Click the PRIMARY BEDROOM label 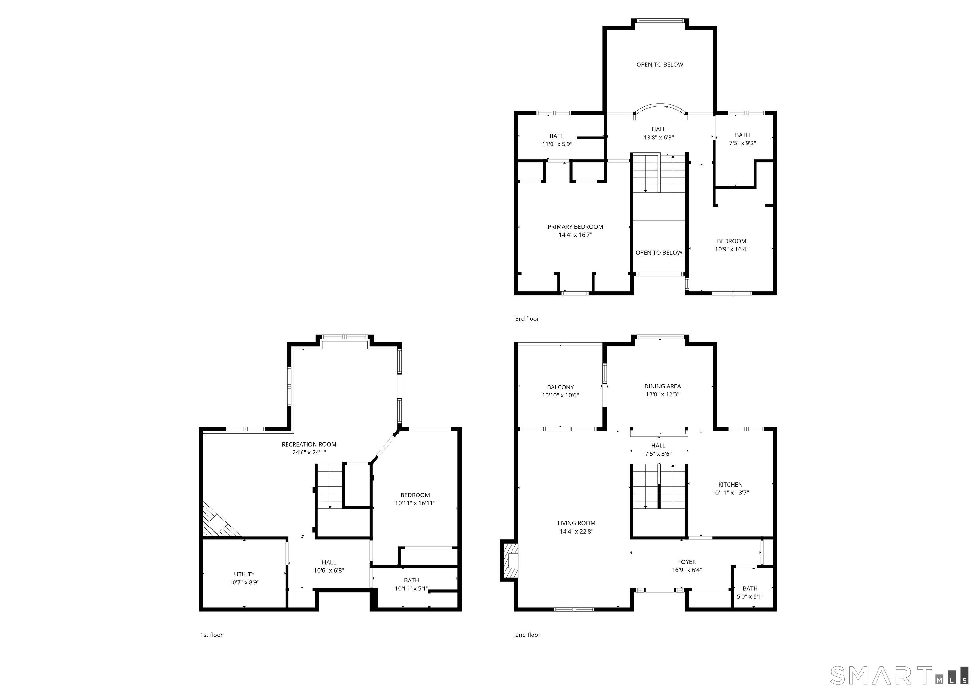(575, 227)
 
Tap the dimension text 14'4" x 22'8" (576, 531)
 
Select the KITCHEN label (730, 485)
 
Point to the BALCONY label (560, 387)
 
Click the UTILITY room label (244, 574)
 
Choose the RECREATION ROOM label (309, 444)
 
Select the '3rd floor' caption (527, 319)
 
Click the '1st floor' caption (211, 635)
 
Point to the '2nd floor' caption (528, 635)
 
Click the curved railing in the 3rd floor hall (660, 106)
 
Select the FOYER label (687, 562)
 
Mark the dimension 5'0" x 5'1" (750, 596)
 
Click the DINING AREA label (662, 386)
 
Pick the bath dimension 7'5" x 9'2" (742, 143)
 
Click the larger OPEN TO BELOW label (660, 65)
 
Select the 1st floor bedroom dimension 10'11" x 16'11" (415, 503)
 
